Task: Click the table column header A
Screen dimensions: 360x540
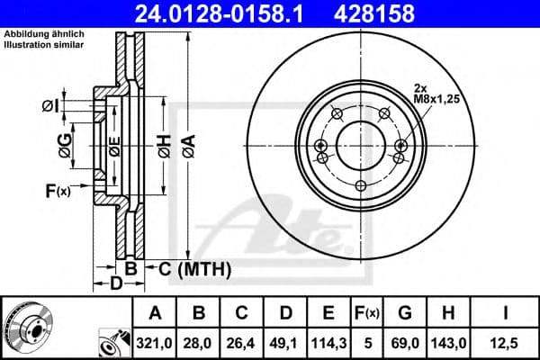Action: tap(156, 313)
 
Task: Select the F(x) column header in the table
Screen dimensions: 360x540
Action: tap(370, 313)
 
